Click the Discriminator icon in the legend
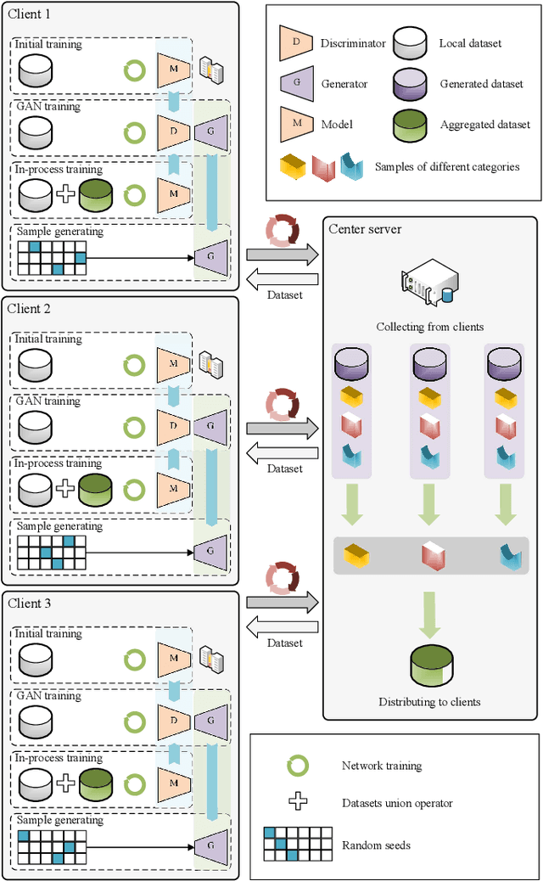point(295,43)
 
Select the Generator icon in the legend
point(295,84)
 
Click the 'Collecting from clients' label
point(429,327)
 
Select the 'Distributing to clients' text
point(429,702)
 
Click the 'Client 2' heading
point(30,309)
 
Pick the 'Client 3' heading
point(30,603)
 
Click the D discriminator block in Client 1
point(173,132)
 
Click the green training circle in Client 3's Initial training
point(134,659)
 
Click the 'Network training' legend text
point(381,766)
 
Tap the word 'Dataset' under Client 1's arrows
point(284,296)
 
